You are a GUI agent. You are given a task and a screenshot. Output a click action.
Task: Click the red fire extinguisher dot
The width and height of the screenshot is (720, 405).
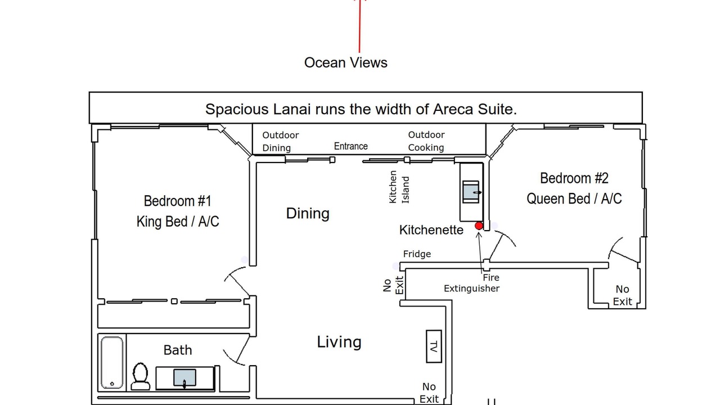pos(479,226)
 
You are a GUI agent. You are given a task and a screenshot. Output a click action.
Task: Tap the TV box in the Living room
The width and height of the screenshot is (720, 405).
pos(434,346)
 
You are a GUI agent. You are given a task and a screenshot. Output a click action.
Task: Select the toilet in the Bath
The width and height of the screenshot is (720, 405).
pos(141,376)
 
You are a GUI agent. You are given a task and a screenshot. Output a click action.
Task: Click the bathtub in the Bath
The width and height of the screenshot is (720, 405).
pos(112,363)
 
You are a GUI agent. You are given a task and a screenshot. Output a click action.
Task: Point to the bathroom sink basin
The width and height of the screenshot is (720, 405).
pos(184,377)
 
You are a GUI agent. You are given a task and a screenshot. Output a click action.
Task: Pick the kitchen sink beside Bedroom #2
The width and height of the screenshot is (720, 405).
pos(471,192)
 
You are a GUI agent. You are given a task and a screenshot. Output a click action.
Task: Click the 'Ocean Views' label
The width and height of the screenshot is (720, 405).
pos(346,62)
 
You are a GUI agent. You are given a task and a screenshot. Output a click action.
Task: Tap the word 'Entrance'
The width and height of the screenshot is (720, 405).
pos(350,146)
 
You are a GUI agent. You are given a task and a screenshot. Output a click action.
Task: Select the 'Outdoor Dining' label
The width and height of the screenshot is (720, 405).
pos(280,141)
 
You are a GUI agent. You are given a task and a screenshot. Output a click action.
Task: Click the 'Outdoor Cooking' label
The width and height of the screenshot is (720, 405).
pos(426,141)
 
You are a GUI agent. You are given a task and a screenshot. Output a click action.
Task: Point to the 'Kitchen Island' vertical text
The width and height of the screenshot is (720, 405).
pos(399,187)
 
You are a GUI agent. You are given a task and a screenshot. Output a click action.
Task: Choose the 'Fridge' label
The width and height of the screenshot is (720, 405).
pos(417,254)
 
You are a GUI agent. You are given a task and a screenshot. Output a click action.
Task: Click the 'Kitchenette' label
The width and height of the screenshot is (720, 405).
pos(431,230)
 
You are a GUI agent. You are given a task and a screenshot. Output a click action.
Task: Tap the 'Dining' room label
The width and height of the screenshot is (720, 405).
pos(308,213)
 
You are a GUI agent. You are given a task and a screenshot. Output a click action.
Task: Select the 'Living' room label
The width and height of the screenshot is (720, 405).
pos(339,341)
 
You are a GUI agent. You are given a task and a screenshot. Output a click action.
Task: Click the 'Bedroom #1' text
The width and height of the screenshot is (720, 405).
pos(177,201)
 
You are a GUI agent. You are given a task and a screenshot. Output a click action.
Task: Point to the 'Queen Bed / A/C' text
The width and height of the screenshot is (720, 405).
pos(574,199)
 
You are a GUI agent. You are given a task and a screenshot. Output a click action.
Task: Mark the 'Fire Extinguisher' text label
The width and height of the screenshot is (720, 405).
pos(471,283)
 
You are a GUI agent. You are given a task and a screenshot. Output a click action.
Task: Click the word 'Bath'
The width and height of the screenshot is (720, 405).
pos(178,350)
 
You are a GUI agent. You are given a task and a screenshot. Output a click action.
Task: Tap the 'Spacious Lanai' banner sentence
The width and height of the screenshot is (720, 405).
pos(361,109)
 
